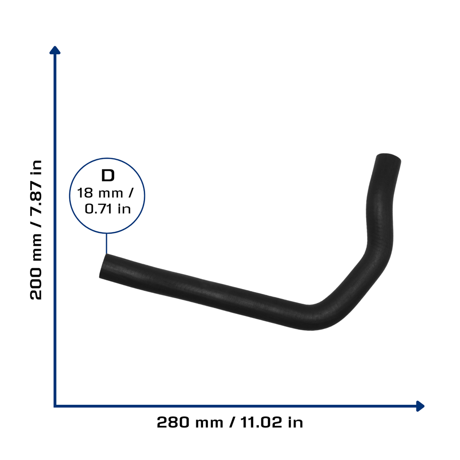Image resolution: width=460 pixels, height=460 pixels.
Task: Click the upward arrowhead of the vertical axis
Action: [55, 50]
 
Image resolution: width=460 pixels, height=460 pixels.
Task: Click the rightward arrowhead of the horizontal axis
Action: [420, 406]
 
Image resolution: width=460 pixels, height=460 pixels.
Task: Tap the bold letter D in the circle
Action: [108, 176]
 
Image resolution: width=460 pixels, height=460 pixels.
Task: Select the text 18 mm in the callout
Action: [100, 193]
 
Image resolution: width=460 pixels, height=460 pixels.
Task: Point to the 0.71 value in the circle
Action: [98, 209]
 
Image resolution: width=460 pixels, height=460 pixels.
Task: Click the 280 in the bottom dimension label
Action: [173, 422]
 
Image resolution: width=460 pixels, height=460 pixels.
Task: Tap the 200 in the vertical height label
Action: [36, 283]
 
